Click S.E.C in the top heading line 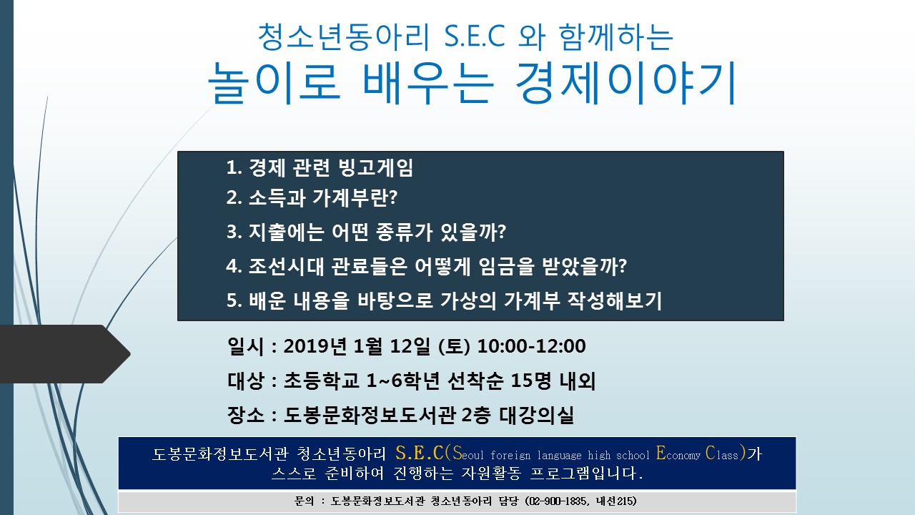tap(475, 36)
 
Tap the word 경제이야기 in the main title tap(625, 82)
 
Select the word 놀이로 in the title tap(274, 83)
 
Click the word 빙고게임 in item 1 tap(376, 167)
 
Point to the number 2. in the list tap(234, 198)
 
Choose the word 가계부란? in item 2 tap(355, 198)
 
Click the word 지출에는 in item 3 tap(287, 232)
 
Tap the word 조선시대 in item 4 tap(286, 266)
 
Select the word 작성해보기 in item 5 tap(614, 300)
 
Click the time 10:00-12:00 tap(531, 346)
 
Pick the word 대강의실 tap(536, 415)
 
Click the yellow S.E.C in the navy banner tap(420, 453)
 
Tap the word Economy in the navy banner tap(678, 453)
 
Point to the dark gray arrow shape tap(65, 354)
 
